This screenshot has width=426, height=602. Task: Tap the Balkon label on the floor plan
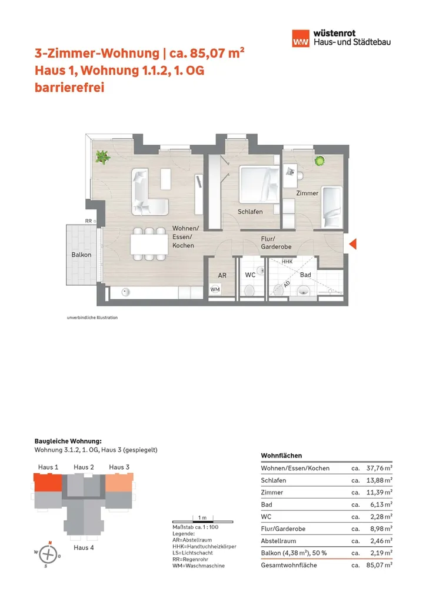tap(81, 255)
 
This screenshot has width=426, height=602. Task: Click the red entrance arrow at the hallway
tap(353, 245)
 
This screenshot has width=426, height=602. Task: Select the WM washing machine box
tap(215, 289)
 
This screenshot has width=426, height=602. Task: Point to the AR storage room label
tap(222, 275)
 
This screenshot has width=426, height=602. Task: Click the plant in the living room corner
tap(103, 157)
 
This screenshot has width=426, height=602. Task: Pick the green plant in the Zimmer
tap(320, 160)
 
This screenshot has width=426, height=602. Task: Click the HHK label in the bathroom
tap(287, 262)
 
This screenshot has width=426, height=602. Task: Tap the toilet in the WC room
tap(250, 289)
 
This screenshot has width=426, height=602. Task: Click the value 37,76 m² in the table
tap(379, 469)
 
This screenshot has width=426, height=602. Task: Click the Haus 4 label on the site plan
tap(84, 547)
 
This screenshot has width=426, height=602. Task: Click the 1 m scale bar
tap(202, 520)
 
